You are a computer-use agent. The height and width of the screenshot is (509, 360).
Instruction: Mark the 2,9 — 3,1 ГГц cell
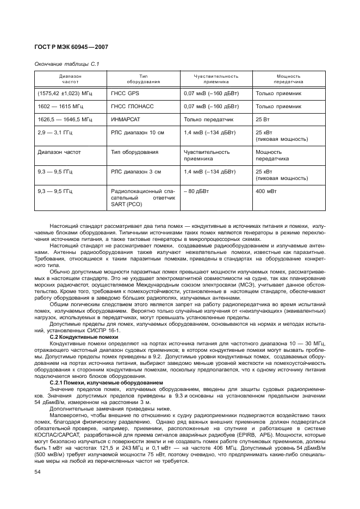56,132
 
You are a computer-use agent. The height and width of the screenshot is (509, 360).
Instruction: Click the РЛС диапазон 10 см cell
138,132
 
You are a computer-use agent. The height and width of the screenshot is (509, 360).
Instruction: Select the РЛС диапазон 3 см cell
136,171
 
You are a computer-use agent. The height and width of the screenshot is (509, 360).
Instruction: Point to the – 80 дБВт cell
196,191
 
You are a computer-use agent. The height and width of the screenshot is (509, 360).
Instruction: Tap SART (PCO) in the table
126,204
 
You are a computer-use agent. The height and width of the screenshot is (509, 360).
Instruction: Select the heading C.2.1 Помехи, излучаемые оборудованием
105,383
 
